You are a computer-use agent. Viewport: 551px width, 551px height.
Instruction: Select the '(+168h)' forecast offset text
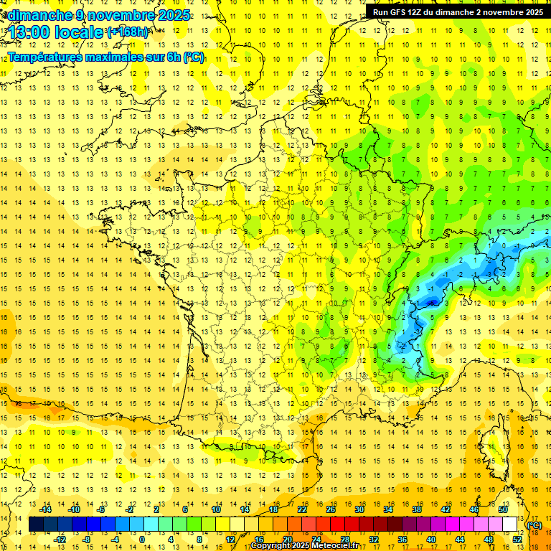coord(127,32)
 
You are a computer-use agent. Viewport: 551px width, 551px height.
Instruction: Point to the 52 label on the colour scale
coord(518,540)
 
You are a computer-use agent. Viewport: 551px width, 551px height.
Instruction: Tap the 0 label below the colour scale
coord(142,540)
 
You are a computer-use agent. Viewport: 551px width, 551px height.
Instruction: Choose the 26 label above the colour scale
coord(331,509)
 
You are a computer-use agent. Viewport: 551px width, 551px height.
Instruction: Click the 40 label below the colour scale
coord(431,540)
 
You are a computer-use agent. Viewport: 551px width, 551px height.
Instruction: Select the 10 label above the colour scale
coord(215,509)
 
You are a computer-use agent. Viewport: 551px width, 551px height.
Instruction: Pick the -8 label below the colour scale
coord(86,540)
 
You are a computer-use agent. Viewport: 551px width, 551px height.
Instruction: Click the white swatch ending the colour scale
coord(510,524)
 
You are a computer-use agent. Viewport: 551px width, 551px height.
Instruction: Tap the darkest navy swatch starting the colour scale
coord(36,524)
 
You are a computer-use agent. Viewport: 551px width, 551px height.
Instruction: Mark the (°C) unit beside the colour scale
coord(534,525)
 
